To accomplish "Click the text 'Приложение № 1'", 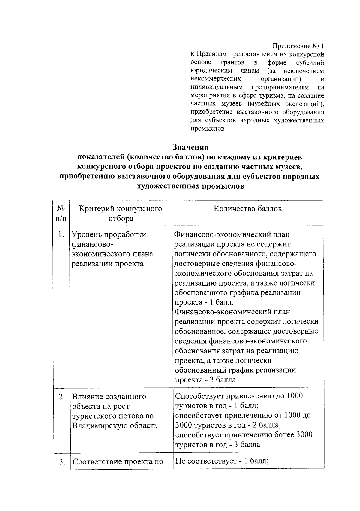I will coord(298,46).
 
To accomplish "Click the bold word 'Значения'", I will coord(190,147).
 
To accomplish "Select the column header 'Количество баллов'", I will coord(247,209).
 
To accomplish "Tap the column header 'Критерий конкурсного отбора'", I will coord(121,213).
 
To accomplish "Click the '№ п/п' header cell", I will coord(61,213).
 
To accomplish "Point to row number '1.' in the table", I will coord(61,234).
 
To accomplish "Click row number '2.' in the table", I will coord(62,397).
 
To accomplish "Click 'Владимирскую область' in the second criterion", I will coord(115,425).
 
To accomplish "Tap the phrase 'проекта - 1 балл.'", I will coord(204,302).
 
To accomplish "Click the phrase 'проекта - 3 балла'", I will coord(205,380).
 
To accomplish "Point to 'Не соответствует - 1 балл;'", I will coord(222,461).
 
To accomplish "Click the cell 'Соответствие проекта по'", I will coord(118,462).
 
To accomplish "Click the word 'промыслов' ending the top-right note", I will coord(208,129).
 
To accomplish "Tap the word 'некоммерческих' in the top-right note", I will coord(216,79).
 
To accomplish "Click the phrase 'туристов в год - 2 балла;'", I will coord(228,425).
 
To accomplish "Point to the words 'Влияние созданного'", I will coord(109,397).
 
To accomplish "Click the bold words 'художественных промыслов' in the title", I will coord(190,186).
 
